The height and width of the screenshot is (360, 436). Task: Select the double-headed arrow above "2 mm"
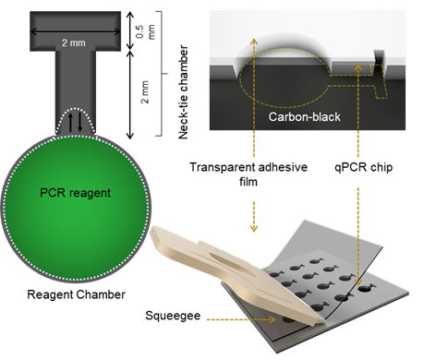click(x=72, y=33)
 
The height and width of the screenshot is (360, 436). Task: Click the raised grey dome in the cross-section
click(x=286, y=51)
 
